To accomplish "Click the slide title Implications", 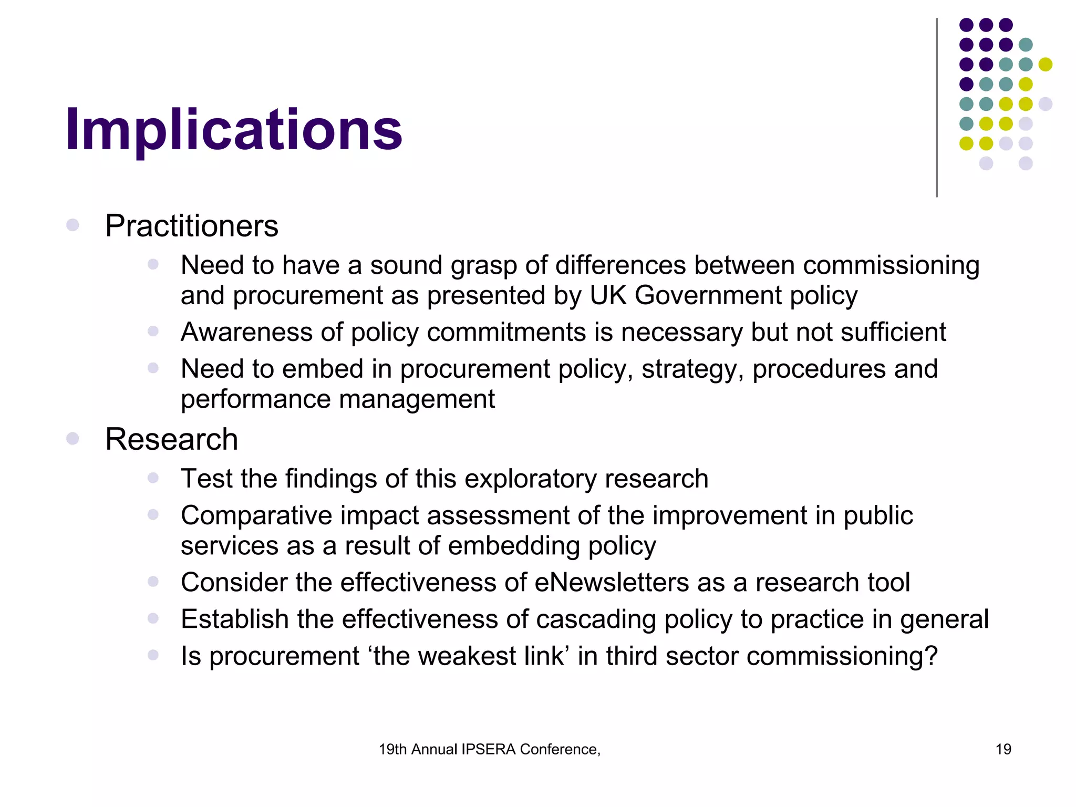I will (234, 129).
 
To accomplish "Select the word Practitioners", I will (192, 226).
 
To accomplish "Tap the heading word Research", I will (171, 439).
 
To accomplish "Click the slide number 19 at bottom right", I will (1003, 749).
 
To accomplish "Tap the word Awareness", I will (247, 332).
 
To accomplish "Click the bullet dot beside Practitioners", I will (73, 225).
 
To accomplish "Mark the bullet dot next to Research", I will (73, 438).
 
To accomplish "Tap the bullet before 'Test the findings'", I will (153, 478).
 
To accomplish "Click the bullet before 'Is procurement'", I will (153, 655).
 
